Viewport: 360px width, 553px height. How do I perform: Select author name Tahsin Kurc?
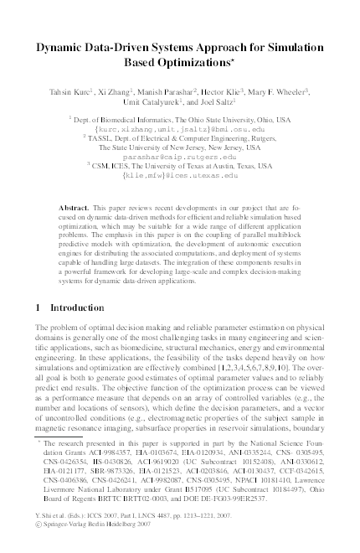click(x=69, y=92)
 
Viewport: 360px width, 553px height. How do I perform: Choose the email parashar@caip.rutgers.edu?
click(x=179, y=158)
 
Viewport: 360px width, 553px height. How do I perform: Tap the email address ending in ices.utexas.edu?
click(x=179, y=177)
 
